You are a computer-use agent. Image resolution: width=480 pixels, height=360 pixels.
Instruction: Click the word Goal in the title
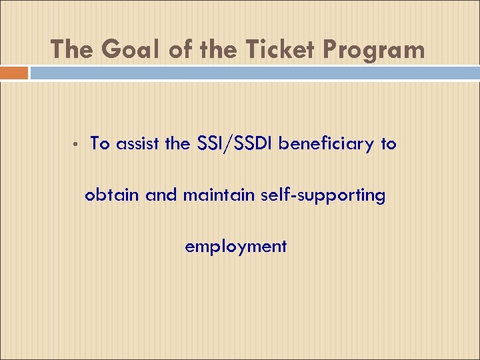coord(122,49)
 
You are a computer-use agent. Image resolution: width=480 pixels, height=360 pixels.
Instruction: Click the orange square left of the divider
coord(14,73)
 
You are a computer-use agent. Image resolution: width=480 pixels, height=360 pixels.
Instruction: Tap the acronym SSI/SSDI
coord(236,143)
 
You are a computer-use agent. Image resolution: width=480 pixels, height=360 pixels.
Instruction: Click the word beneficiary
coord(326,143)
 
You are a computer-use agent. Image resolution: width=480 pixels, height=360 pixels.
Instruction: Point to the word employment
coord(236,247)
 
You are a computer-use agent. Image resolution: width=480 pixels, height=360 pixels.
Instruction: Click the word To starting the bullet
coord(100,143)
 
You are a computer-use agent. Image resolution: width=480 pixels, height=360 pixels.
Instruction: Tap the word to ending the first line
coord(389,143)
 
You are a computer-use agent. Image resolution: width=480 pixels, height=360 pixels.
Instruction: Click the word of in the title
coord(170,49)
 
